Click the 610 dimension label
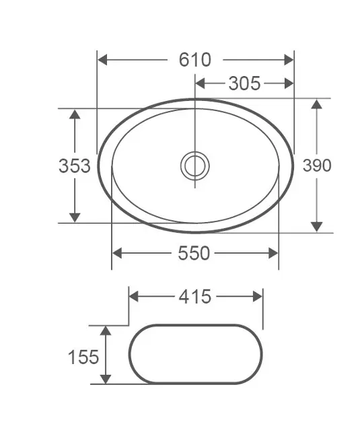[194, 60]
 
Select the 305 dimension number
[244, 83]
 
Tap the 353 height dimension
[75, 166]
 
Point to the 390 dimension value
[317, 165]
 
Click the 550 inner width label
[194, 253]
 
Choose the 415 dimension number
[195, 297]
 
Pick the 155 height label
[83, 357]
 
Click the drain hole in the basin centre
[195, 166]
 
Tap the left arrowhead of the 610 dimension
[102, 60]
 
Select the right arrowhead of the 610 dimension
[289, 60]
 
